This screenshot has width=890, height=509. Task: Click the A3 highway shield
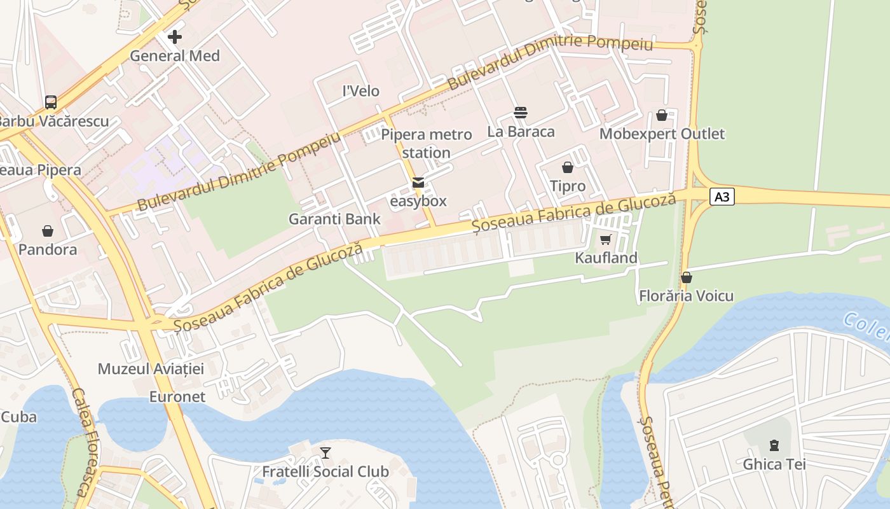coord(722,197)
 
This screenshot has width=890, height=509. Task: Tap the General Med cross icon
coord(175,37)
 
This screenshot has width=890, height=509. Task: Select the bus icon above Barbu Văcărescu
coord(51,102)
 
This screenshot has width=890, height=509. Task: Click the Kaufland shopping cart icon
coord(606,240)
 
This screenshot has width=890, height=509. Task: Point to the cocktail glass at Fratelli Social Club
coord(325,452)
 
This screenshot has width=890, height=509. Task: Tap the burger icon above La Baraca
coord(521,113)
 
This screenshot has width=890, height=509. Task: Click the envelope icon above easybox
coord(418,183)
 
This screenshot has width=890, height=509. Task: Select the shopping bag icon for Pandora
coord(48,231)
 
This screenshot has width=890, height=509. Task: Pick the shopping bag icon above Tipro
coord(568,167)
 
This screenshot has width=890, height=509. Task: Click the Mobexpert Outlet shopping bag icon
coord(662,115)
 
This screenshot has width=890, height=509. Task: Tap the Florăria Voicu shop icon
coord(687,277)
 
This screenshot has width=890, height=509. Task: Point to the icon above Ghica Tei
coord(774,445)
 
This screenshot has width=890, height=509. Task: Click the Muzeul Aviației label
coord(151,369)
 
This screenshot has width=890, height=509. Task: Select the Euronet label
coord(177,397)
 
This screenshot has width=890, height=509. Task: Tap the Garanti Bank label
coord(334,219)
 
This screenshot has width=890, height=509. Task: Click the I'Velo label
coord(361,91)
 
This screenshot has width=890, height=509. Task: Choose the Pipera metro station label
coord(427,144)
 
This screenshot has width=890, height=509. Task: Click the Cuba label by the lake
coord(18,417)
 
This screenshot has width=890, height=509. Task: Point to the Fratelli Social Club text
coord(325,471)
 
